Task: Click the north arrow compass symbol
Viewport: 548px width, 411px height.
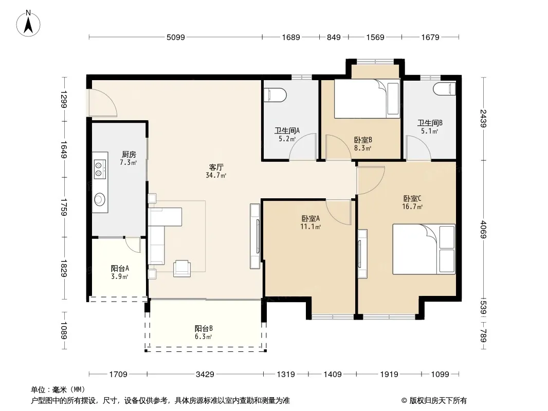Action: [28, 23]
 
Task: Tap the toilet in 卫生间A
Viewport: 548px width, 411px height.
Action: [276, 95]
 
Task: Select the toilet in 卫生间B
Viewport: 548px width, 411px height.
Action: [445, 89]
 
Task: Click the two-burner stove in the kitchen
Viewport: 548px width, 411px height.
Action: [99, 169]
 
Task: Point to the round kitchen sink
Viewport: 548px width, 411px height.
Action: [100, 199]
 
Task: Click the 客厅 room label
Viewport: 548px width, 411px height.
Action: [216, 167]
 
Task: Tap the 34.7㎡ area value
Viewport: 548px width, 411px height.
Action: [216, 175]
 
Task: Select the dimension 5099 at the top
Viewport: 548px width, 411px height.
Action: [175, 37]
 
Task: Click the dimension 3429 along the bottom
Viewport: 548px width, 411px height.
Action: [205, 375]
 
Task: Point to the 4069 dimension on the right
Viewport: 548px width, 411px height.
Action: [483, 229]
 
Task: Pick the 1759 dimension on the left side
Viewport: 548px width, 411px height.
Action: [64, 207]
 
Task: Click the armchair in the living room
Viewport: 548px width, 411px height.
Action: [182, 269]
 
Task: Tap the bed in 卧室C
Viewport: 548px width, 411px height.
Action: [424, 249]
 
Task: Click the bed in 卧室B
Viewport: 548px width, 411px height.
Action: [367, 99]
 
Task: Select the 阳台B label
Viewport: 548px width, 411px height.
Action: [204, 328]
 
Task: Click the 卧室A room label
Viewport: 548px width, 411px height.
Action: [310, 218]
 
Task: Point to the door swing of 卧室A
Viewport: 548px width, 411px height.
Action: [338, 212]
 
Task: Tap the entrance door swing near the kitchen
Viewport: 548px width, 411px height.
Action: [102, 103]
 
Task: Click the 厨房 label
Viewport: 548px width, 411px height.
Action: [129, 154]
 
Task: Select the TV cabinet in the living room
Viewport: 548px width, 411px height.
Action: [255, 236]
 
